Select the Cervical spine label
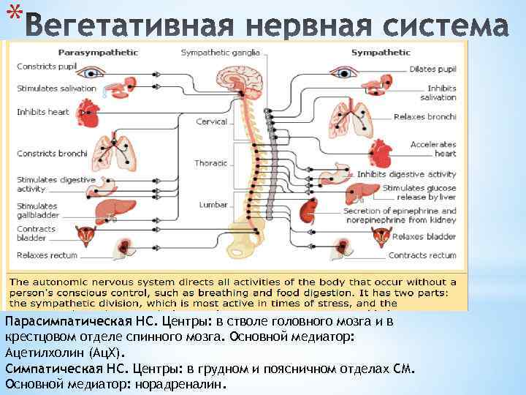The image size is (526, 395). click(x=212, y=122)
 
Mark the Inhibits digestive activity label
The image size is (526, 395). click(x=406, y=174)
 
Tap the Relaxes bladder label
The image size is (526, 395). click(x=424, y=236)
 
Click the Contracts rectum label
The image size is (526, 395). click(x=422, y=255)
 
